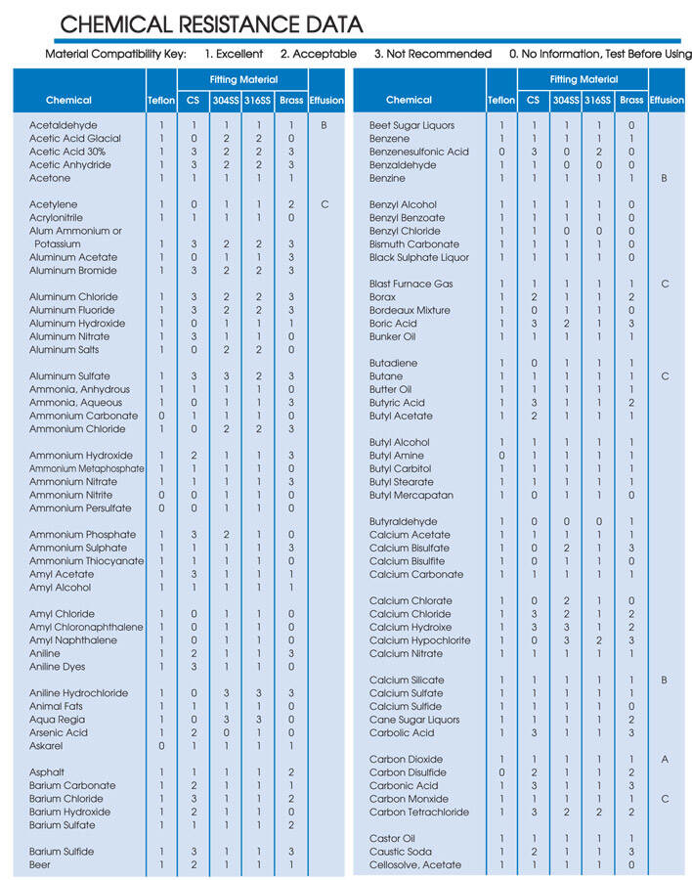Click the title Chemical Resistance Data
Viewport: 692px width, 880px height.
(211, 24)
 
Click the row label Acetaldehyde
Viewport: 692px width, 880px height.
(64, 126)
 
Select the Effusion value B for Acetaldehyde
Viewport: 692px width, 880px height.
(324, 126)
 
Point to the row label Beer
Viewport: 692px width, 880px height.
(40, 865)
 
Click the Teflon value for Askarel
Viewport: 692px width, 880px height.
(161, 746)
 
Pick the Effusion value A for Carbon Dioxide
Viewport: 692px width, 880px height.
(665, 760)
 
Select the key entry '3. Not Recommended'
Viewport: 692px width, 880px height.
(432, 54)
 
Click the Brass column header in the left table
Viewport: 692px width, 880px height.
(291, 100)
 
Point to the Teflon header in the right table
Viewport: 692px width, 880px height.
(501, 100)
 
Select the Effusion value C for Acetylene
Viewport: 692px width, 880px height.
(324, 205)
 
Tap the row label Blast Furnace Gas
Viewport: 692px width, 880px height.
(411, 285)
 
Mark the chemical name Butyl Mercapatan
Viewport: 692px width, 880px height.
(412, 496)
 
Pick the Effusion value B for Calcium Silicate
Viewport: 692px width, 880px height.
(665, 681)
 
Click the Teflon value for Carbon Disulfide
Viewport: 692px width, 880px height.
(501, 772)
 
